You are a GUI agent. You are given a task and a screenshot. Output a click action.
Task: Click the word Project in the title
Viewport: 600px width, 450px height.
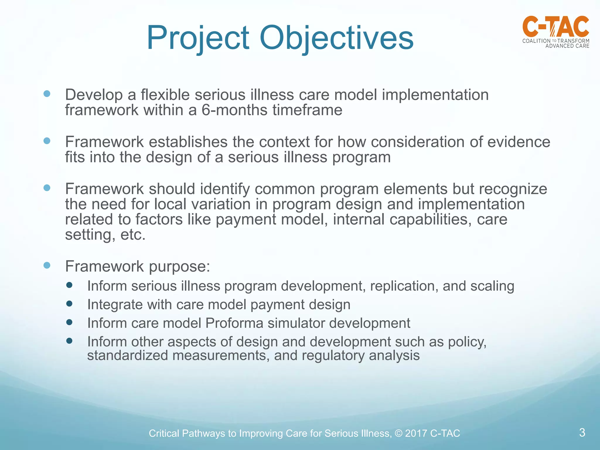[x=198, y=38]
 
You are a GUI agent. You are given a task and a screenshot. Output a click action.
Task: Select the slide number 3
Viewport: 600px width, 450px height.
[x=582, y=432]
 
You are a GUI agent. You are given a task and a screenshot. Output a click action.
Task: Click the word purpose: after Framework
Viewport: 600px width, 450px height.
[x=179, y=267]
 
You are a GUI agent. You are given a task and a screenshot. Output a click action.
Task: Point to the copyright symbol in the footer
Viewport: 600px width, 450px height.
[x=399, y=433]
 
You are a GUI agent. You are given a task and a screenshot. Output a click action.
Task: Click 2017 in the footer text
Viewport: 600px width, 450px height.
[x=416, y=433]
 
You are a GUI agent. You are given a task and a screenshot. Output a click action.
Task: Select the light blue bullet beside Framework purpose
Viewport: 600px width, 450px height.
[x=47, y=265]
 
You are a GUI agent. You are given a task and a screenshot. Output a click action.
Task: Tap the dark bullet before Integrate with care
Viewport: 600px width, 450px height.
[x=69, y=304]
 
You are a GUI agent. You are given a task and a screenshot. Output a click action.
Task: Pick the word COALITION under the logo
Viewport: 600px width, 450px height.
[x=536, y=41]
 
